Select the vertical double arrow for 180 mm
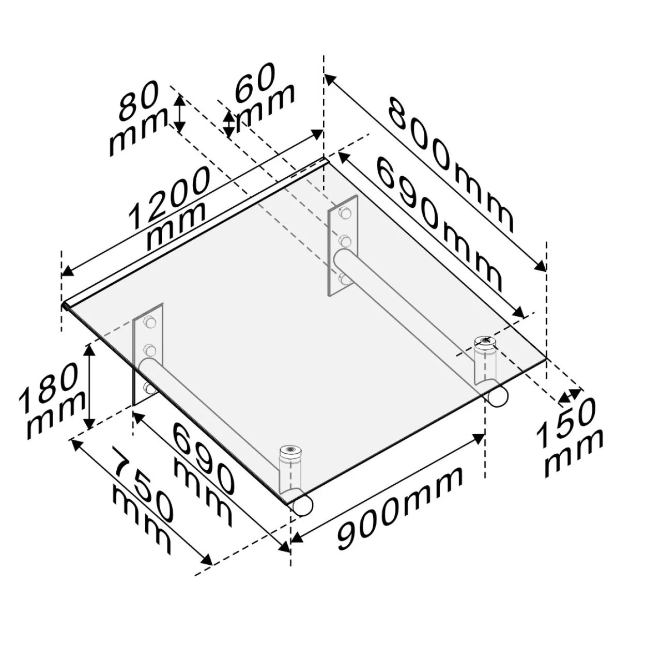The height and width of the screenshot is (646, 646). (89, 387)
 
